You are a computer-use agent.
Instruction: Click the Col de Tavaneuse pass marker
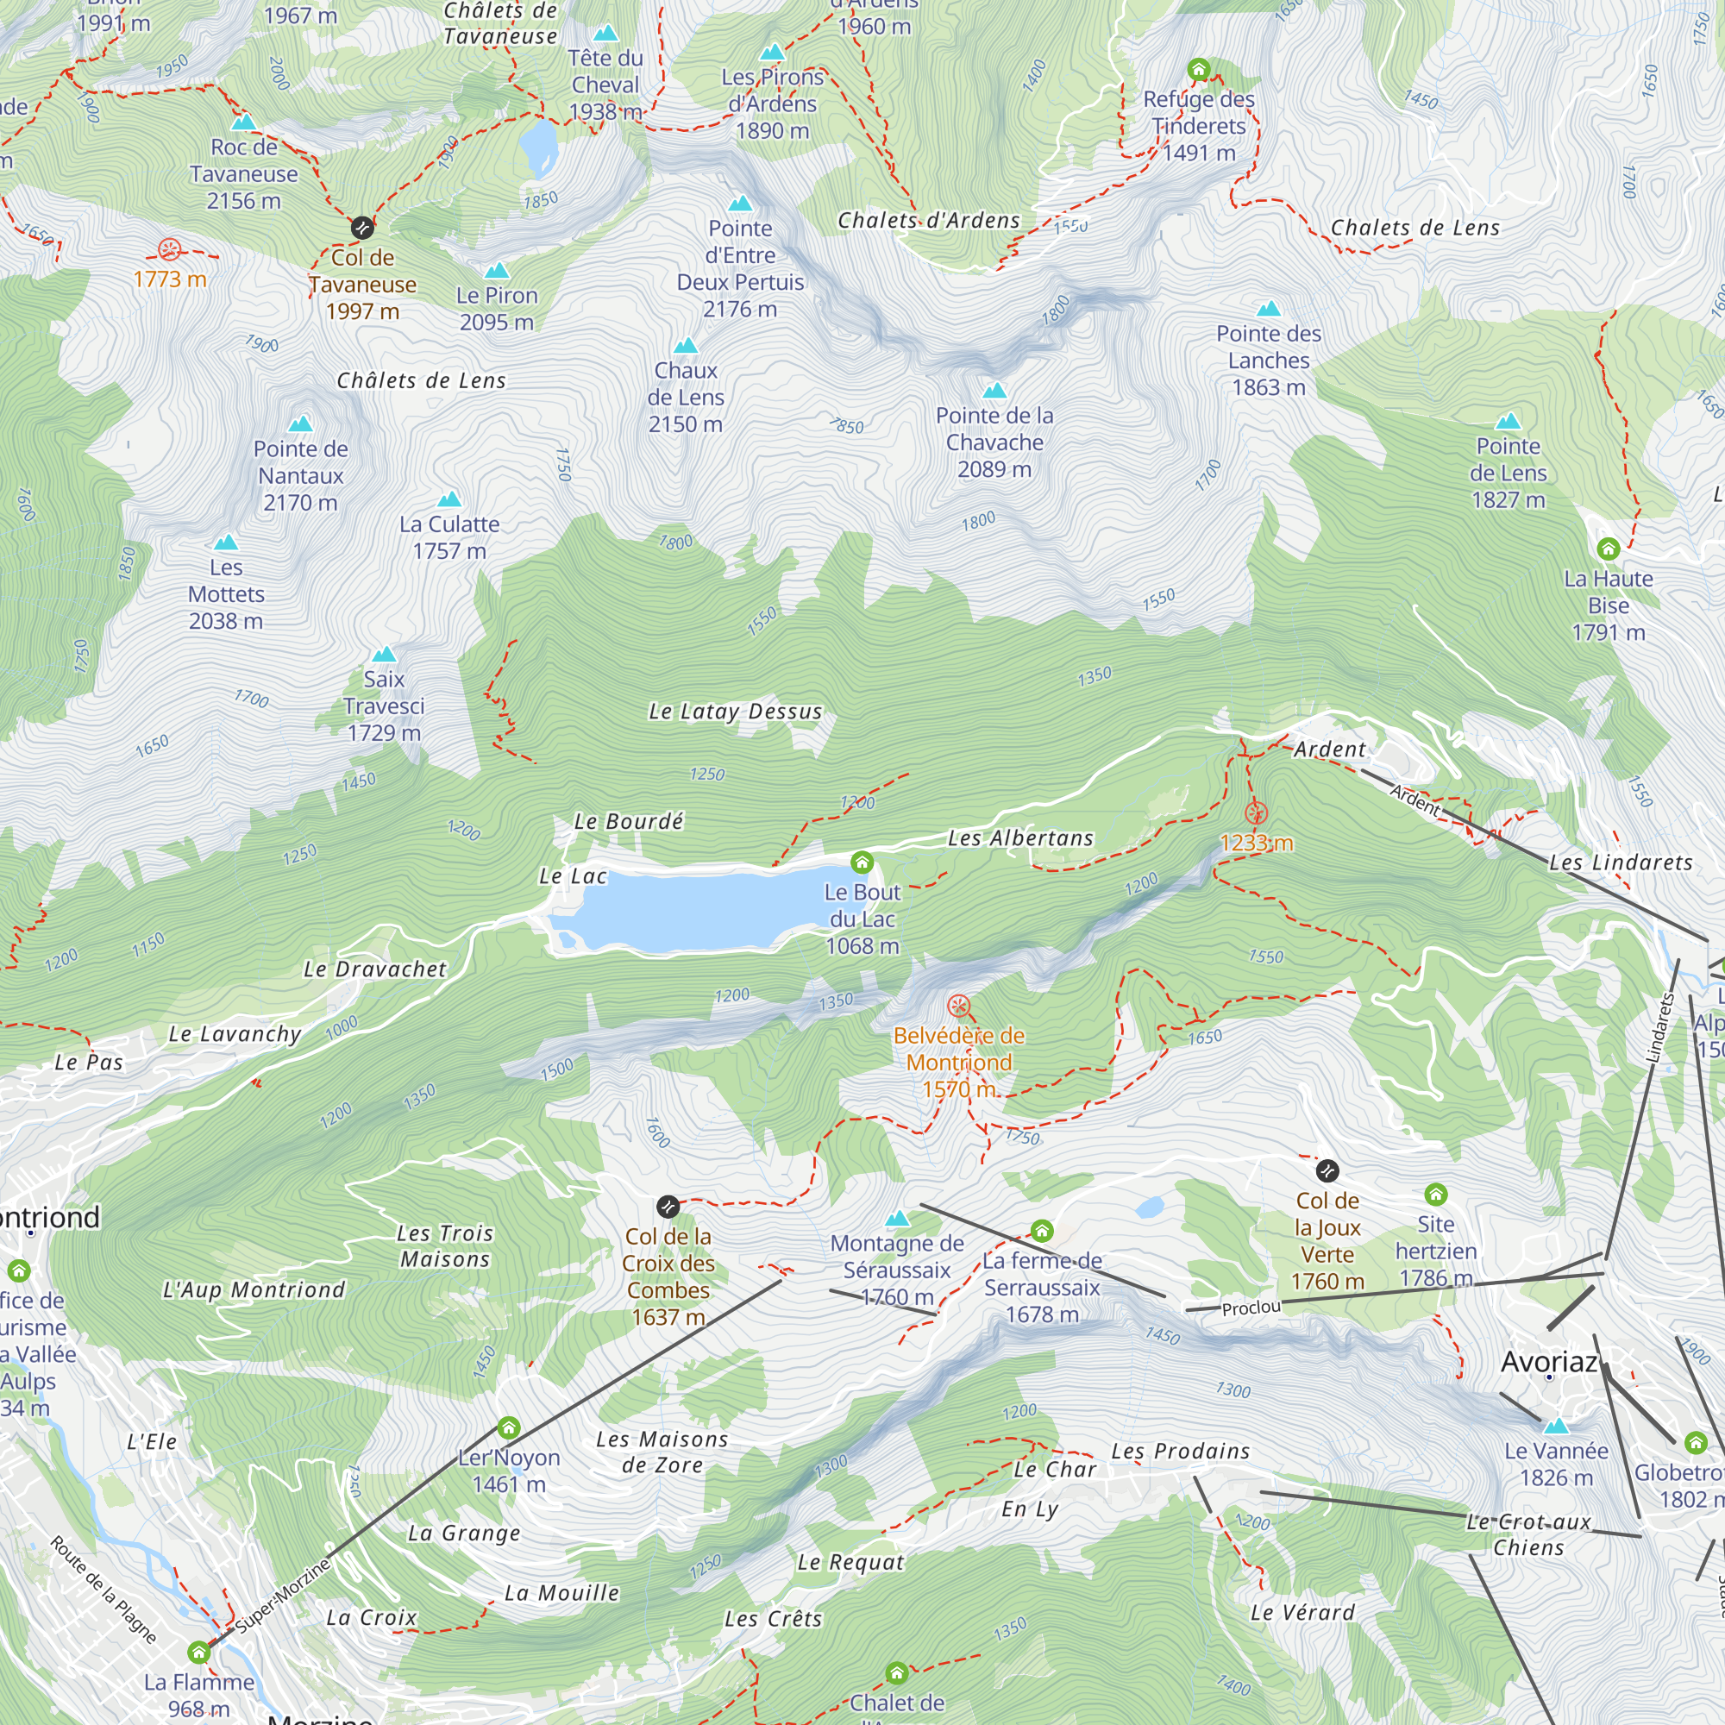click(361, 228)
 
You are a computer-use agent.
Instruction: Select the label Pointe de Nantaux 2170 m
click(300, 475)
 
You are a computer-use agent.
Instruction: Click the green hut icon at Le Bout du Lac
click(862, 862)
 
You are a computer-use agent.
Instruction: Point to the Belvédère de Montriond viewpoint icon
click(958, 1007)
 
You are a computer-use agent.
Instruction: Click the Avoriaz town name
click(1548, 1362)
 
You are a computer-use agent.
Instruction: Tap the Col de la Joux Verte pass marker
click(1327, 1170)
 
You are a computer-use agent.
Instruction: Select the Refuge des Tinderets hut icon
click(1198, 69)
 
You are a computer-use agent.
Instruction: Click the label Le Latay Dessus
click(735, 712)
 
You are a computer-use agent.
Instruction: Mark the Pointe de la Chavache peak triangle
click(994, 391)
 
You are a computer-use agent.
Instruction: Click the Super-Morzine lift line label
click(283, 1595)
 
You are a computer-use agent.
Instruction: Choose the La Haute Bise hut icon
click(1608, 549)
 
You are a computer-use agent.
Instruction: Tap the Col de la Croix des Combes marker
click(668, 1207)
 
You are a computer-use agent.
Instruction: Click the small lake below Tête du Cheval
click(538, 147)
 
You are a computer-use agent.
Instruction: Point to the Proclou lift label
click(1250, 1308)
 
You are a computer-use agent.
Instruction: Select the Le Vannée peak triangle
click(1555, 1426)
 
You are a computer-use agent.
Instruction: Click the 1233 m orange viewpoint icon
click(1255, 812)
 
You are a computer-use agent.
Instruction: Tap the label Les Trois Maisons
click(445, 1245)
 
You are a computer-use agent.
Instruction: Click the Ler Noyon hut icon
click(508, 1427)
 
